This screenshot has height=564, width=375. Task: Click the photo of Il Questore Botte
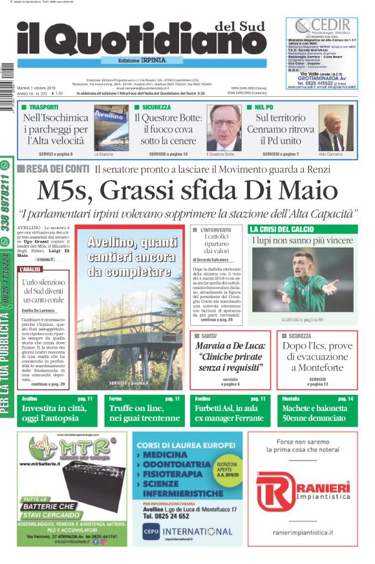224,127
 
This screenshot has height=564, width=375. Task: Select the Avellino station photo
111,127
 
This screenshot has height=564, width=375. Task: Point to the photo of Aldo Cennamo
336,127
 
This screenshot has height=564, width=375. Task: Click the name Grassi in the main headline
147,190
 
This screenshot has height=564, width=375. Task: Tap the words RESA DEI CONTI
58,169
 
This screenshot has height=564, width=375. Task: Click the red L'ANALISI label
31,268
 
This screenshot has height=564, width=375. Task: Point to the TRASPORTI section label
43,107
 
